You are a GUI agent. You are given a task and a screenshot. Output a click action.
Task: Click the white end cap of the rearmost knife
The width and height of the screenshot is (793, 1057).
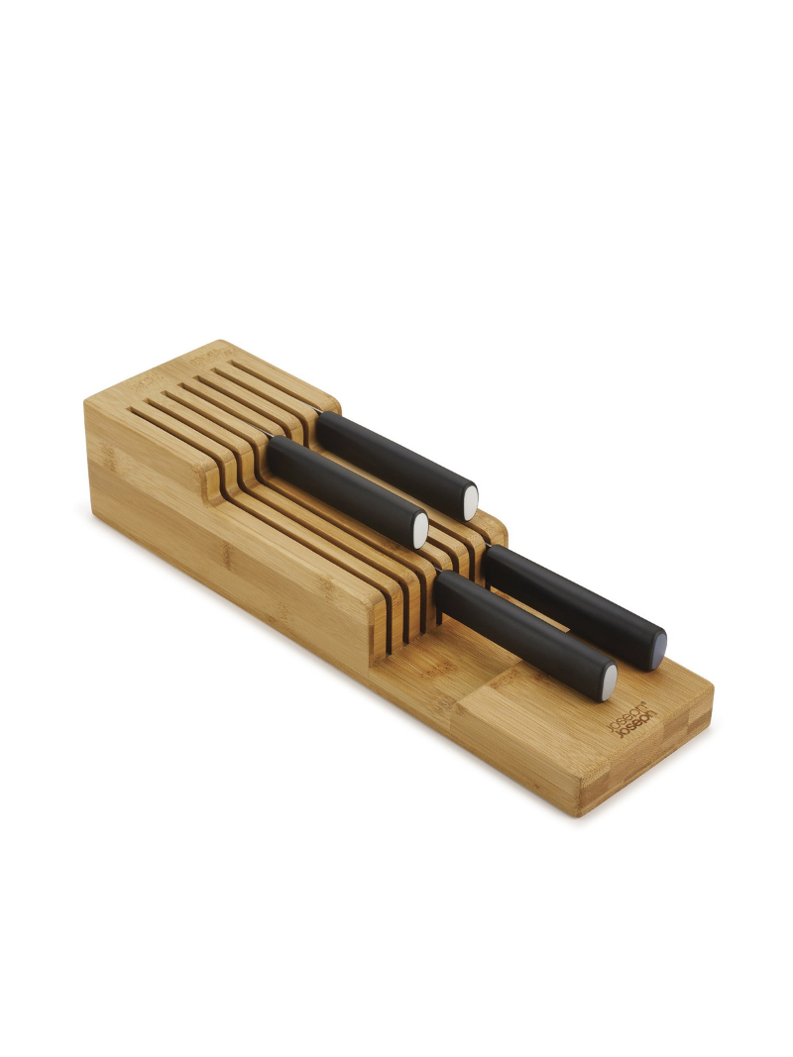point(471,501)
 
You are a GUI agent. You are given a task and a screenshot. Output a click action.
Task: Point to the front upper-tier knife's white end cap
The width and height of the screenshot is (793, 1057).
point(421,530)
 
